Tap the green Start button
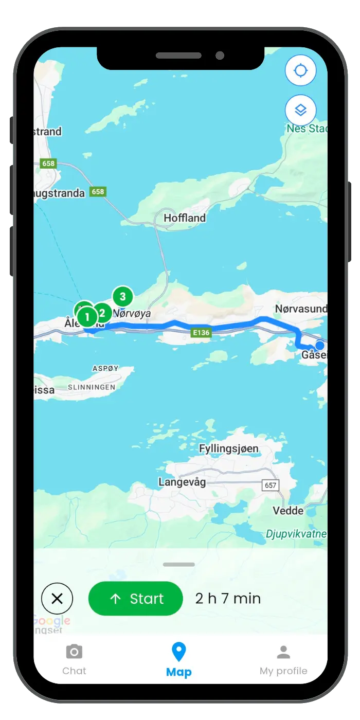click(x=135, y=599)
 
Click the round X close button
click(x=57, y=599)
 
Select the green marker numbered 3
click(x=122, y=297)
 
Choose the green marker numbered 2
click(x=102, y=313)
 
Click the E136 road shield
click(x=201, y=333)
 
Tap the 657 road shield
click(x=270, y=485)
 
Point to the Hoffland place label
click(x=185, y=218)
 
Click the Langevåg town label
click(x=182, y=482)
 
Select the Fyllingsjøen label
click(x=228, y=448)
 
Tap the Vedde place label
click(x=288, y=511)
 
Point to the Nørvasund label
click(x=301, y=309)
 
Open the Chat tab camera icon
click(x=74, y=652)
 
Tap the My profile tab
click(x=283, y=660)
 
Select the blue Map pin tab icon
click(x=178, y=652)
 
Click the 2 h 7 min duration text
click(x=228, y=599)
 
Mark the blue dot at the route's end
click(x=320, y=345)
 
